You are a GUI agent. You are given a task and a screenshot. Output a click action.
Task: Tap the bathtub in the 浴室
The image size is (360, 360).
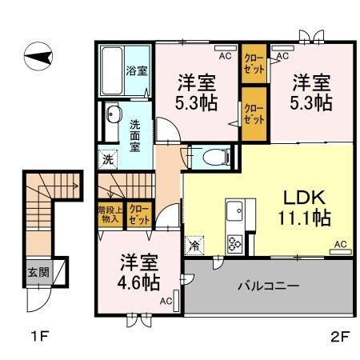tap(112, 70)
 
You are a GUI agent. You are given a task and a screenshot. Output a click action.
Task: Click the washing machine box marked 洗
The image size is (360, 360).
tap(107, 158)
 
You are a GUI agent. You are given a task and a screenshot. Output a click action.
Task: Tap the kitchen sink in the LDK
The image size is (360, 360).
tap(235, 212)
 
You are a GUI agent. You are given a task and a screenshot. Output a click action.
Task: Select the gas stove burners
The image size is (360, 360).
tap(236, 242)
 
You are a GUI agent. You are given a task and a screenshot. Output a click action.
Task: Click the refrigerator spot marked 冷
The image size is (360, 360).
tap(194, 245)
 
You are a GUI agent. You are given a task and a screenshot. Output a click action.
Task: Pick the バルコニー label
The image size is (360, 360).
tap(269, 285)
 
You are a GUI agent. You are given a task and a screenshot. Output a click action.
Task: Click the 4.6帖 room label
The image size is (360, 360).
tap(138, 273)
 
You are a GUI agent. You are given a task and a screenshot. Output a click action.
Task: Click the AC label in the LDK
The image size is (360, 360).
tap(339, 243)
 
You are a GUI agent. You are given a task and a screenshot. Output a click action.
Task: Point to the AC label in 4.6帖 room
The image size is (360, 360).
tap(165, 301)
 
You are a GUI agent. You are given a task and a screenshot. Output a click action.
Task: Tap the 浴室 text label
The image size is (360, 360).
tap(136, 70)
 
